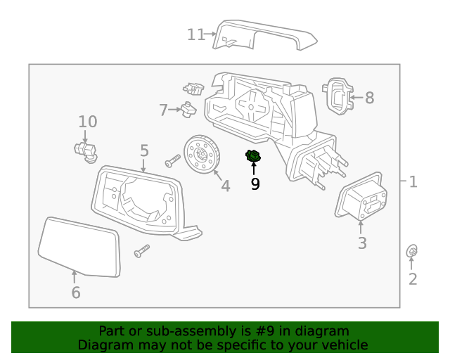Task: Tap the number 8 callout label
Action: pos(369,98)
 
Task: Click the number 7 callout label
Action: pos(163,110)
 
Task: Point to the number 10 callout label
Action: pos(87,122)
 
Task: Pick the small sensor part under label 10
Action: pos(85,150)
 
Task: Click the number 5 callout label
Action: pos(144,150)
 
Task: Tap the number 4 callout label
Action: pos(225,186)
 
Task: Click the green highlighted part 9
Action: pos(253,157)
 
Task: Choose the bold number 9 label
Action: pos(255,184)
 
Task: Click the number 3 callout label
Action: pos(361,244)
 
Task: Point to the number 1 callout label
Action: pos(413,182)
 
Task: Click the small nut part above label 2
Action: pos(413,251)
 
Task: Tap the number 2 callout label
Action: pos(413,279)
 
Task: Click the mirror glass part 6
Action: pos(79,246)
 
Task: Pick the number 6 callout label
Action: pos(75,292)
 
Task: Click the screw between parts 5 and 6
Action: pos(142,249)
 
